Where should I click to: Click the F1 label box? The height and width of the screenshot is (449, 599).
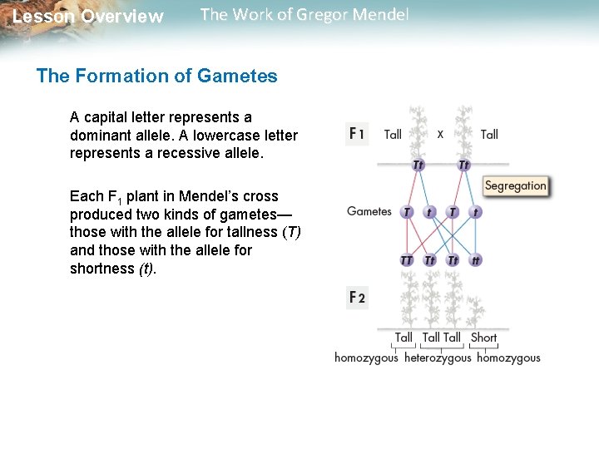[357, 134]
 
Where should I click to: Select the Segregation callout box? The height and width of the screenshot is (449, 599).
[515, 185]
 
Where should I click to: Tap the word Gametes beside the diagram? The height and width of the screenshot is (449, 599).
[369, 211]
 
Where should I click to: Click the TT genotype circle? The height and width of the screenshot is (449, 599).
[407, 260]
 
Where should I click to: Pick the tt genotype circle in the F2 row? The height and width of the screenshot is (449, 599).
[476, 260]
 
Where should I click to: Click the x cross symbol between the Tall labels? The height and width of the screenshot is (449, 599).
[440, 133]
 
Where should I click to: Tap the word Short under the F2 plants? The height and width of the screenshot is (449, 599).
[483, 338]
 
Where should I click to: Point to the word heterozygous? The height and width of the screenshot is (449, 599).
[438, 358]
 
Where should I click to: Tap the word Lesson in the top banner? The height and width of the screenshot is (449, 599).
[43, 17]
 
